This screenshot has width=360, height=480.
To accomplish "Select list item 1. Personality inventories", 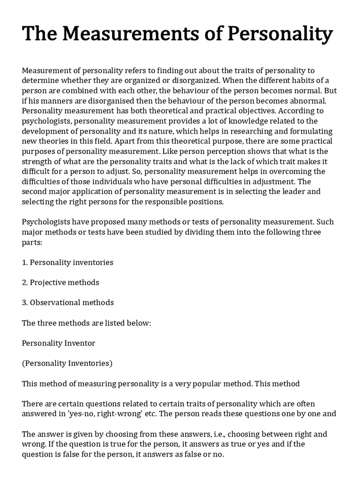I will [67, 262].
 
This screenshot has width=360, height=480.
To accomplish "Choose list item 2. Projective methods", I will [60, 283].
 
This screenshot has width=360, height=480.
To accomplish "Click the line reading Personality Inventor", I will [59, 343].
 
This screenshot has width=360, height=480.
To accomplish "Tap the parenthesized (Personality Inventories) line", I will [67, 363].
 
